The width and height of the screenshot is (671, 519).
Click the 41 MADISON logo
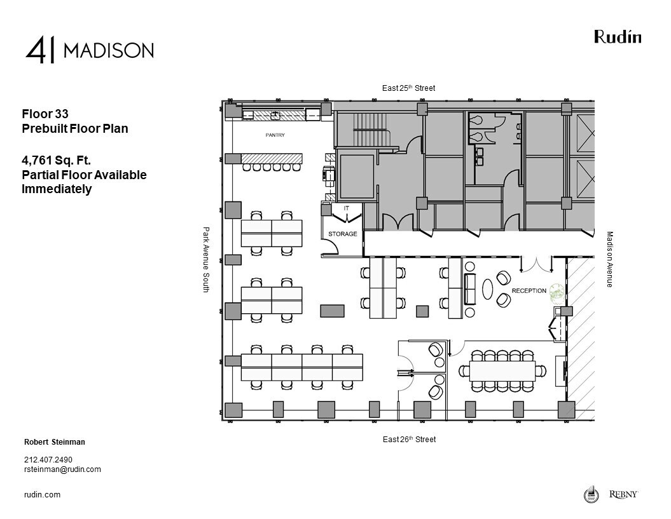click(90, 50)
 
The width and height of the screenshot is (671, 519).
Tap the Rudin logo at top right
click(618, 37)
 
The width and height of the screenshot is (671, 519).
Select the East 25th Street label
click(408, 88)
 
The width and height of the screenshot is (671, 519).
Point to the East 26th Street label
click(409, 440)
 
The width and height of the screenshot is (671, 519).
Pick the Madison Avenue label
click(609, 259)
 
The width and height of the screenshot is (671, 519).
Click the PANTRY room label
click(275, 135)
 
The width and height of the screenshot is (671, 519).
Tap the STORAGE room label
click(342, 234)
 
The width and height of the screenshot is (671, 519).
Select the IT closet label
click(346, 208)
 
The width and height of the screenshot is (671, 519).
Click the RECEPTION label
click(529, 291)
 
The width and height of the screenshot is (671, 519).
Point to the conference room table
click(503, 370)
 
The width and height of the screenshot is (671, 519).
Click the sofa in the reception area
click(471, 290)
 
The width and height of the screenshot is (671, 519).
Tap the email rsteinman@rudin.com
click(62, 469)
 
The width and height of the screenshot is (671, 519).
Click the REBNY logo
click(623, 494)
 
